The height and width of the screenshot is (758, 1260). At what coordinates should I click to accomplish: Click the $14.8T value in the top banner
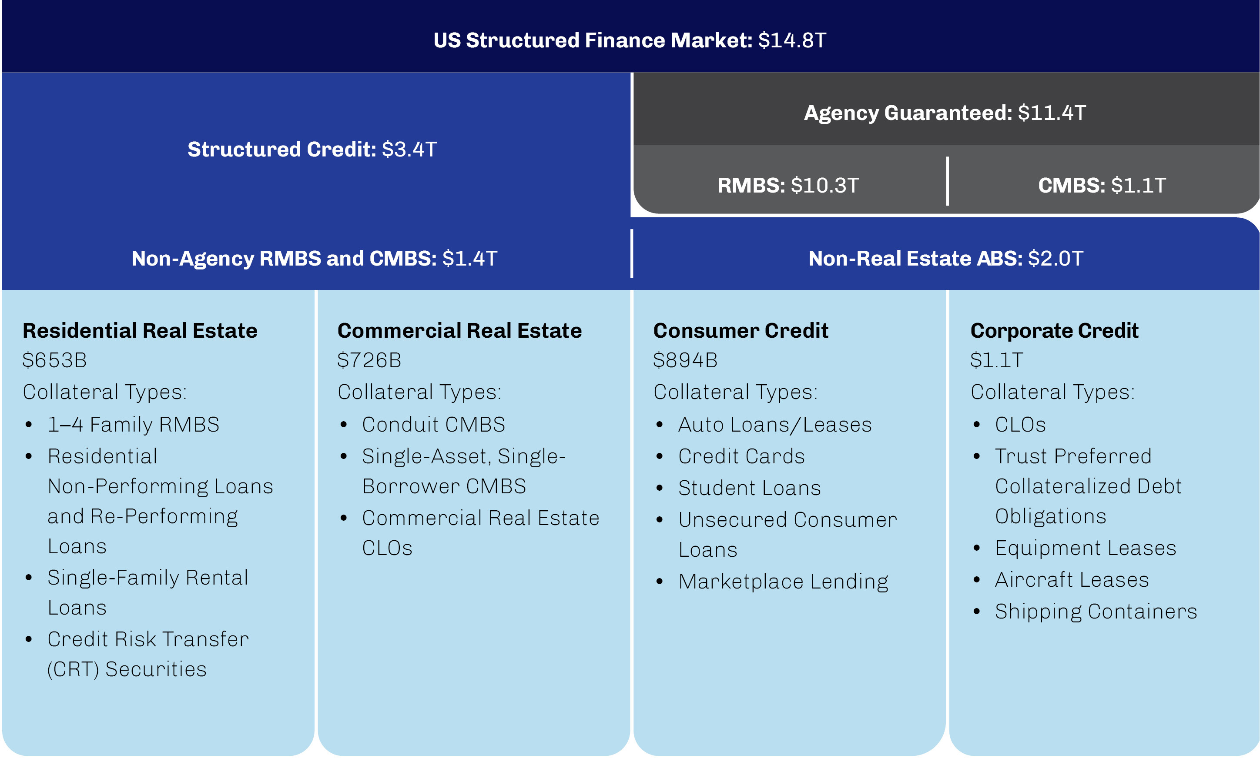tap(792, 40)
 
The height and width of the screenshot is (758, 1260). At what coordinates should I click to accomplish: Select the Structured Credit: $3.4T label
tap(312, 149)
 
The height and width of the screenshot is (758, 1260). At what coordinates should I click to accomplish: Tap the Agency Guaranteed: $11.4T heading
tap(945, 113)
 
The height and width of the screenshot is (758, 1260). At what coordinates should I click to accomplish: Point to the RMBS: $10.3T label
tap(788, 186)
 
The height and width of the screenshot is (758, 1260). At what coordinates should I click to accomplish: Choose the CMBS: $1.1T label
tap(1102, 186)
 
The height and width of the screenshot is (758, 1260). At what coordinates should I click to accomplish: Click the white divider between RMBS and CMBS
tap(947, 181)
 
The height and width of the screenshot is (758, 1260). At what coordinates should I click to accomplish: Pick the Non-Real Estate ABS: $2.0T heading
tap(945, 259)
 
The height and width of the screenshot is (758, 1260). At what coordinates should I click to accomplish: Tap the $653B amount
tap(55, 360)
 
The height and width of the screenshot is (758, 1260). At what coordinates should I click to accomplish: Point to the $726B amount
tap(369, 360)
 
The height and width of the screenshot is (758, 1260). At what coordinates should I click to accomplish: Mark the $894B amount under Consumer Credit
tap(685, 360)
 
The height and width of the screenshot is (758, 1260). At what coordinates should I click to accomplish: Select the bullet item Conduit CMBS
tap(433, 425)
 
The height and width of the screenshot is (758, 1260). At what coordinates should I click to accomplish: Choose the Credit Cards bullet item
tap(741, 456)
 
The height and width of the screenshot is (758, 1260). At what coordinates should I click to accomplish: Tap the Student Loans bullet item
tap(749, 488)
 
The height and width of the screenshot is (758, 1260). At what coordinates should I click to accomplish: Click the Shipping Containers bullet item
tap(1096, 612)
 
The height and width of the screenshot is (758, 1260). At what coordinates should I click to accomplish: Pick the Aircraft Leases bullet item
tap(1072, 580)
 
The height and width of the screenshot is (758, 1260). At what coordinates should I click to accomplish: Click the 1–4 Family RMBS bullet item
tap(134, 425)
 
